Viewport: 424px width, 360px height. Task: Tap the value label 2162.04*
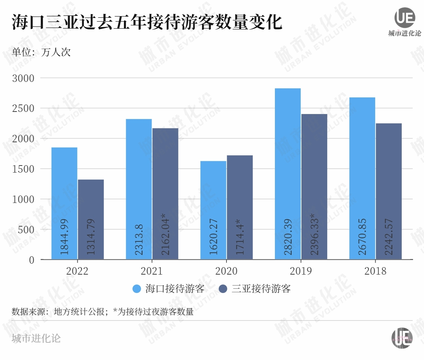(165, 234)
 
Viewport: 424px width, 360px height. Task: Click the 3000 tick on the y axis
(23, 78)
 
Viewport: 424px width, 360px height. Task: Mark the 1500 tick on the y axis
(23, 169)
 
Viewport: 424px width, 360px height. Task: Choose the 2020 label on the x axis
(226, 271)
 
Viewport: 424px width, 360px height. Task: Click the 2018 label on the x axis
(375, 271)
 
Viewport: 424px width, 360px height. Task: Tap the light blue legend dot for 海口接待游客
(136, 289)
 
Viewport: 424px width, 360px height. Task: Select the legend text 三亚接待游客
(261, 289)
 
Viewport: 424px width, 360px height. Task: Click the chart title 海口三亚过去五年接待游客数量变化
(147, 22)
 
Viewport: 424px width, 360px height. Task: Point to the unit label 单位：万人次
(41, 53)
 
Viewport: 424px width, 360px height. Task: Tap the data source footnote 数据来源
(102, 312)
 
